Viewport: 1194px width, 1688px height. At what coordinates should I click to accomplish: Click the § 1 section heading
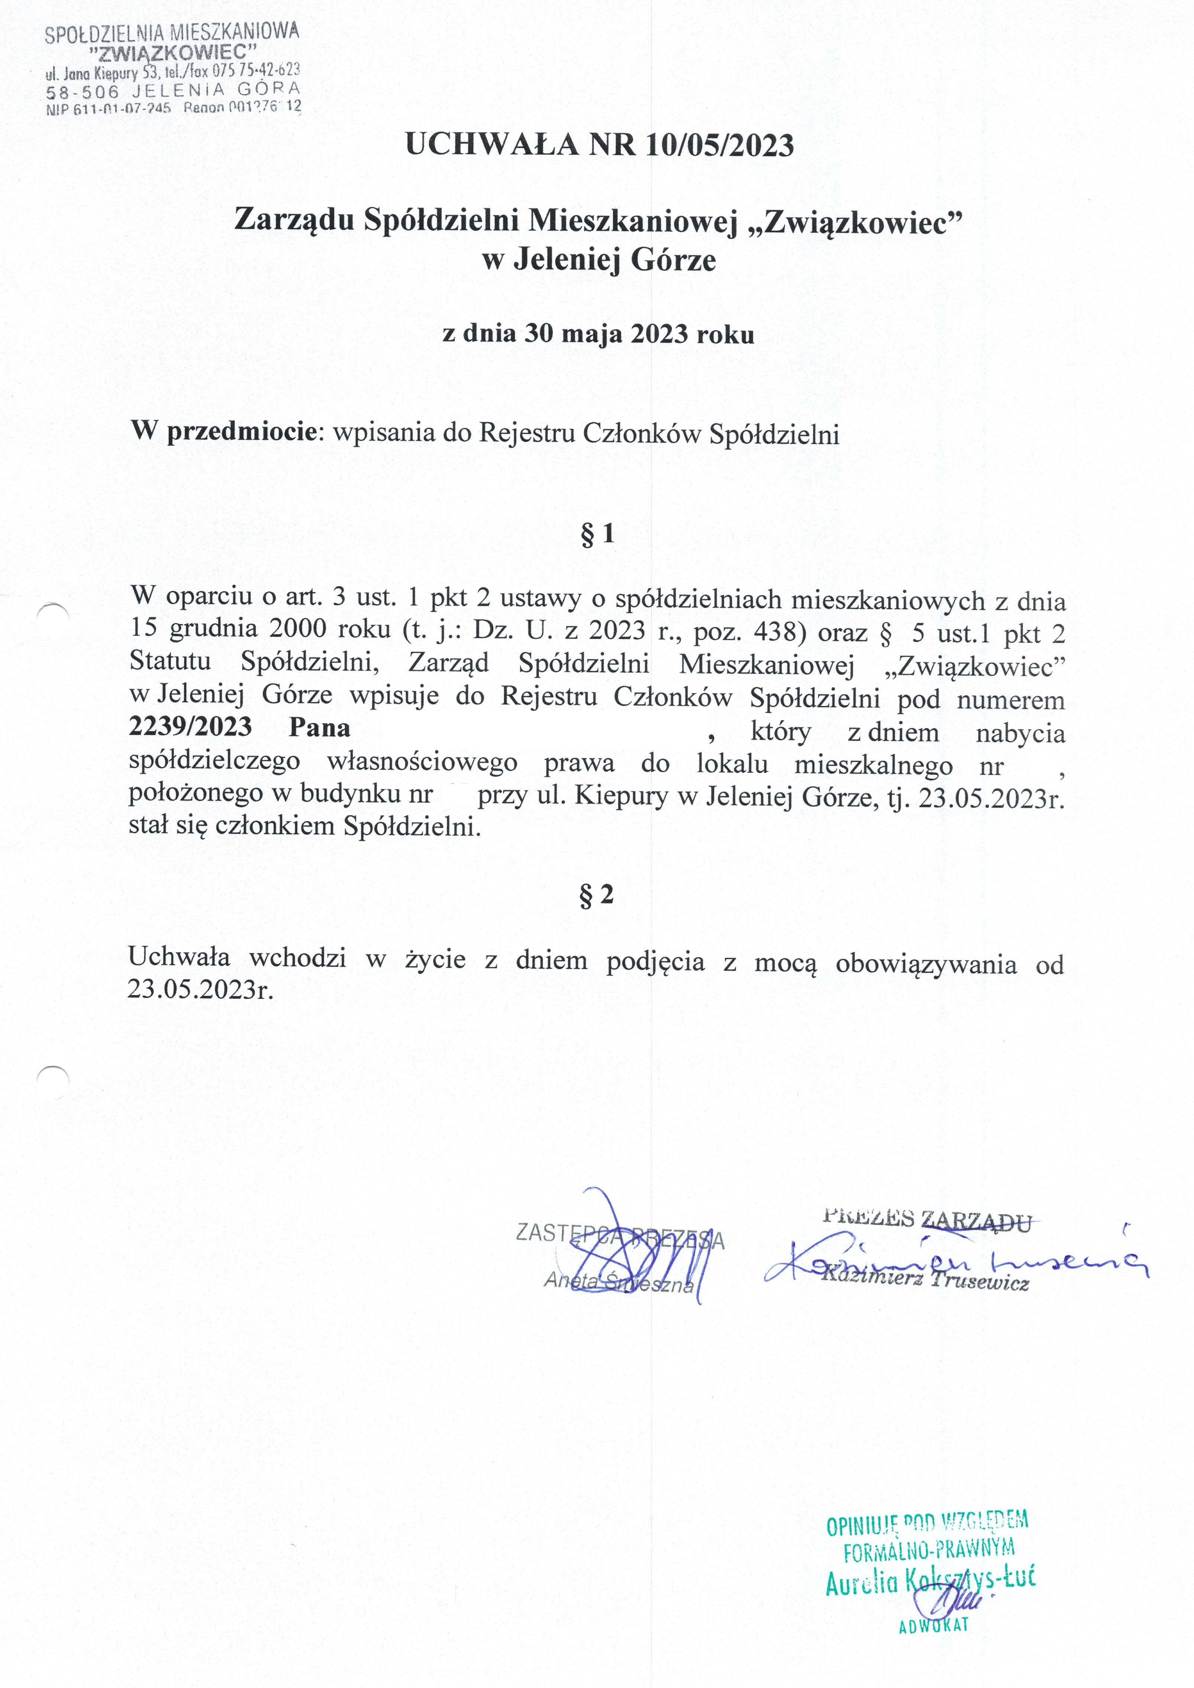(597, 535)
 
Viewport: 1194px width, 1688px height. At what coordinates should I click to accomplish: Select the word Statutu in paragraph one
(170, 661)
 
